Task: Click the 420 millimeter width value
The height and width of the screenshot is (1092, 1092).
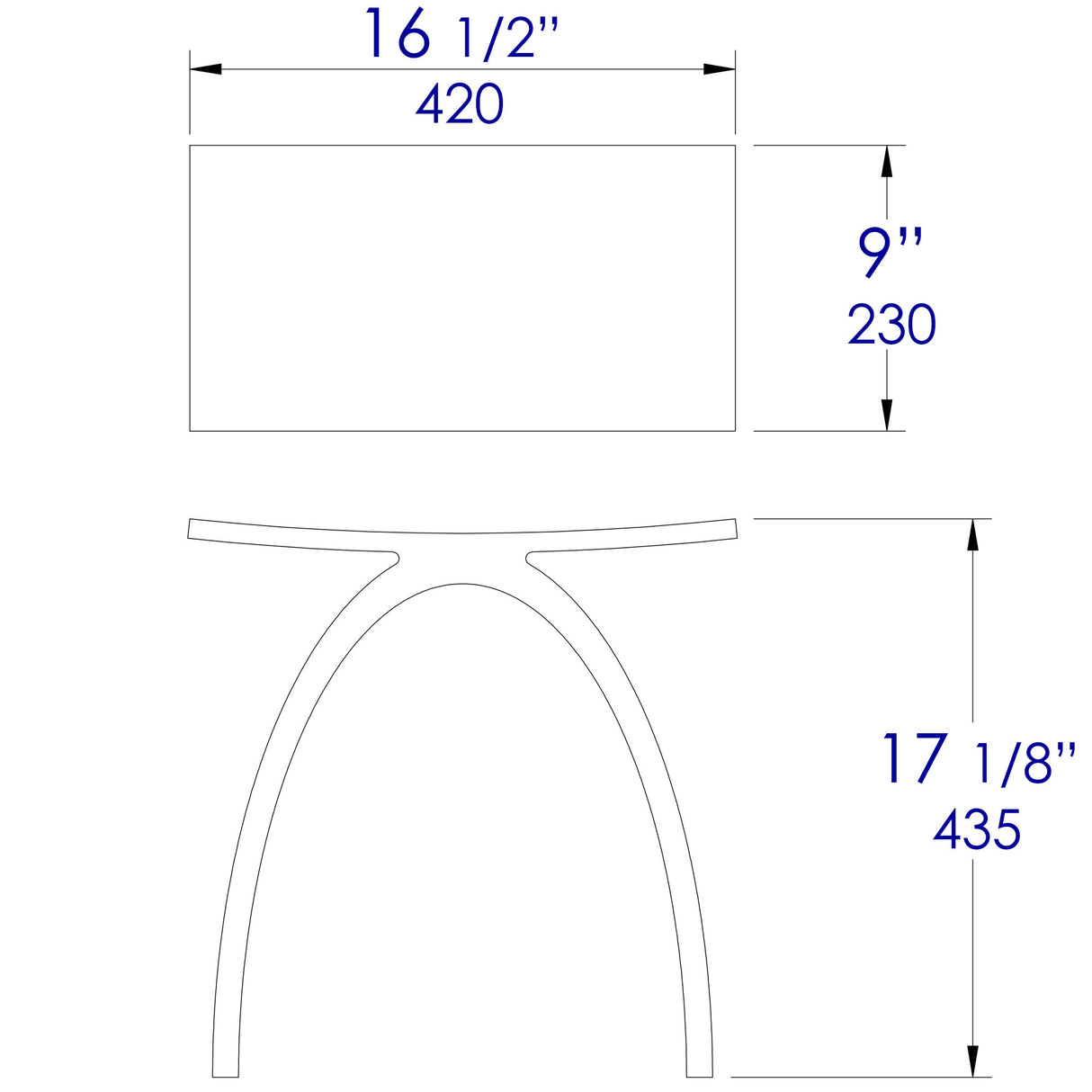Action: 460,105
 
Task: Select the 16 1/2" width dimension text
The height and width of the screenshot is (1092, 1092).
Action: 461,36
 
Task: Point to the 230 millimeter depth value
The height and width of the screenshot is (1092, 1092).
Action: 891,326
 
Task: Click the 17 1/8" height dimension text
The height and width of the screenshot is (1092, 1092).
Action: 977,760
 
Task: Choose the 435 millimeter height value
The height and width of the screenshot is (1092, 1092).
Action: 977,829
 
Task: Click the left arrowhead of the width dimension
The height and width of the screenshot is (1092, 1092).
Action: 206,68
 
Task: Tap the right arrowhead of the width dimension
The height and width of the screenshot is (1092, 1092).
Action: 720,68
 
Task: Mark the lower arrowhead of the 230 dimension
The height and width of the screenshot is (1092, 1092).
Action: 888,415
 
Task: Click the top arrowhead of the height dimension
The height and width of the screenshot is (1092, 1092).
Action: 972,534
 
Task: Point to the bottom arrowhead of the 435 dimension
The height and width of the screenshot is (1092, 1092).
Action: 972,1061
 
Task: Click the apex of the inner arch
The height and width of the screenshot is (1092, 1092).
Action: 462,585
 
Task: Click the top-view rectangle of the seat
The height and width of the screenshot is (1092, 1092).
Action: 462,288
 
